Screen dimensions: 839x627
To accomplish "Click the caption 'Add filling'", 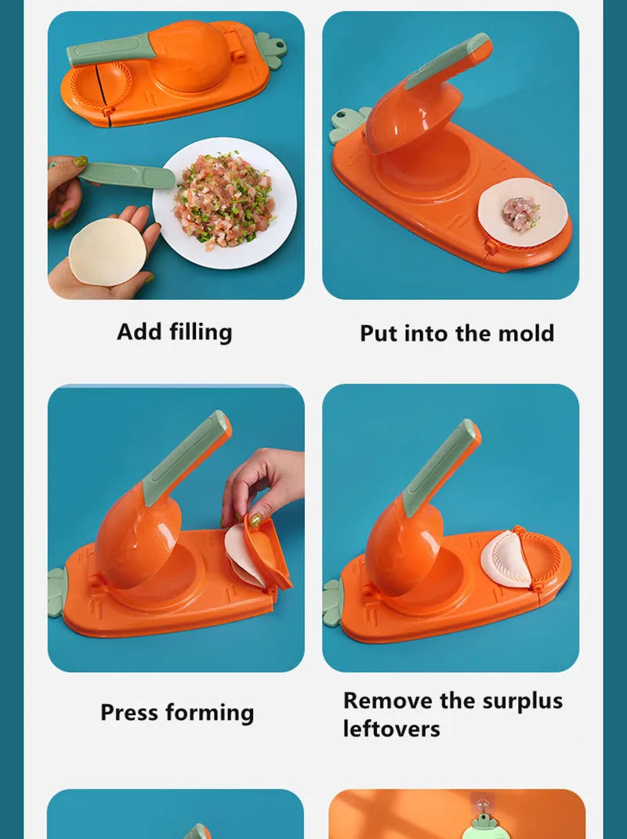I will (174, 332).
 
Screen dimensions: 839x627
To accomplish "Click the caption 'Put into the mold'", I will (457, 334).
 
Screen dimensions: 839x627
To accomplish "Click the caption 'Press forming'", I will (177, 713).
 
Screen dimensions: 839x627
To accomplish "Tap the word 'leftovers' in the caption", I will (391, 729).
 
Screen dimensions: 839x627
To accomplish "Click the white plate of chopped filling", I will (224, 202).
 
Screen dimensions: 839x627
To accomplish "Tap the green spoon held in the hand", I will (125, 175).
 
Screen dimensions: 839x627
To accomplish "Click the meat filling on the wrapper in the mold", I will (519, 210).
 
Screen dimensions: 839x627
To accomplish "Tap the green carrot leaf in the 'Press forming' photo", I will (57, 592).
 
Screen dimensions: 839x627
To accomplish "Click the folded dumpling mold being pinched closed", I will (263, 553).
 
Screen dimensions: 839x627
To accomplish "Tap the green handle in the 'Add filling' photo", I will (110, 50).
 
